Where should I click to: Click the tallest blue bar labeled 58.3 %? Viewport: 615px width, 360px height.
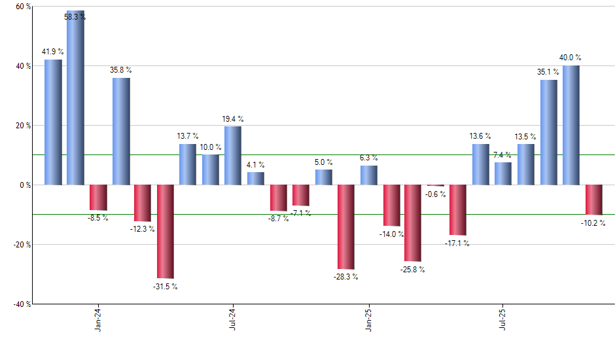coord(76,98)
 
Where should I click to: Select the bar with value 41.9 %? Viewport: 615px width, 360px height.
coord(53,122)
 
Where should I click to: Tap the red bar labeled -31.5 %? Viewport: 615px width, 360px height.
coord(166,232)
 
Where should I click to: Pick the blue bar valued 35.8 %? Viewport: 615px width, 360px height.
coord(121,132)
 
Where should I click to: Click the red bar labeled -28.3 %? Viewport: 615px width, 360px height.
coord(345,226)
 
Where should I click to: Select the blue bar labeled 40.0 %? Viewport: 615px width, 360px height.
coord(571,125)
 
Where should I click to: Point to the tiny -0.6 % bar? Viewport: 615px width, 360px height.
coord(436,186)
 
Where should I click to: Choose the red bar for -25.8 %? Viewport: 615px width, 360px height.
coord(413,223)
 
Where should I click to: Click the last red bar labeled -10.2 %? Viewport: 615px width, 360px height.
coord(594,200)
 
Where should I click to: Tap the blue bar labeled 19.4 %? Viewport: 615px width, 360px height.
coord(233,156)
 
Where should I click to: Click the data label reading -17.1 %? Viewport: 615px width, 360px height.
coord(458,243)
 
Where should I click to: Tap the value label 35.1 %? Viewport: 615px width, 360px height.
coord(548,72)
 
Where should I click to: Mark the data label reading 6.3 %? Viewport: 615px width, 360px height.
coord(368,158)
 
